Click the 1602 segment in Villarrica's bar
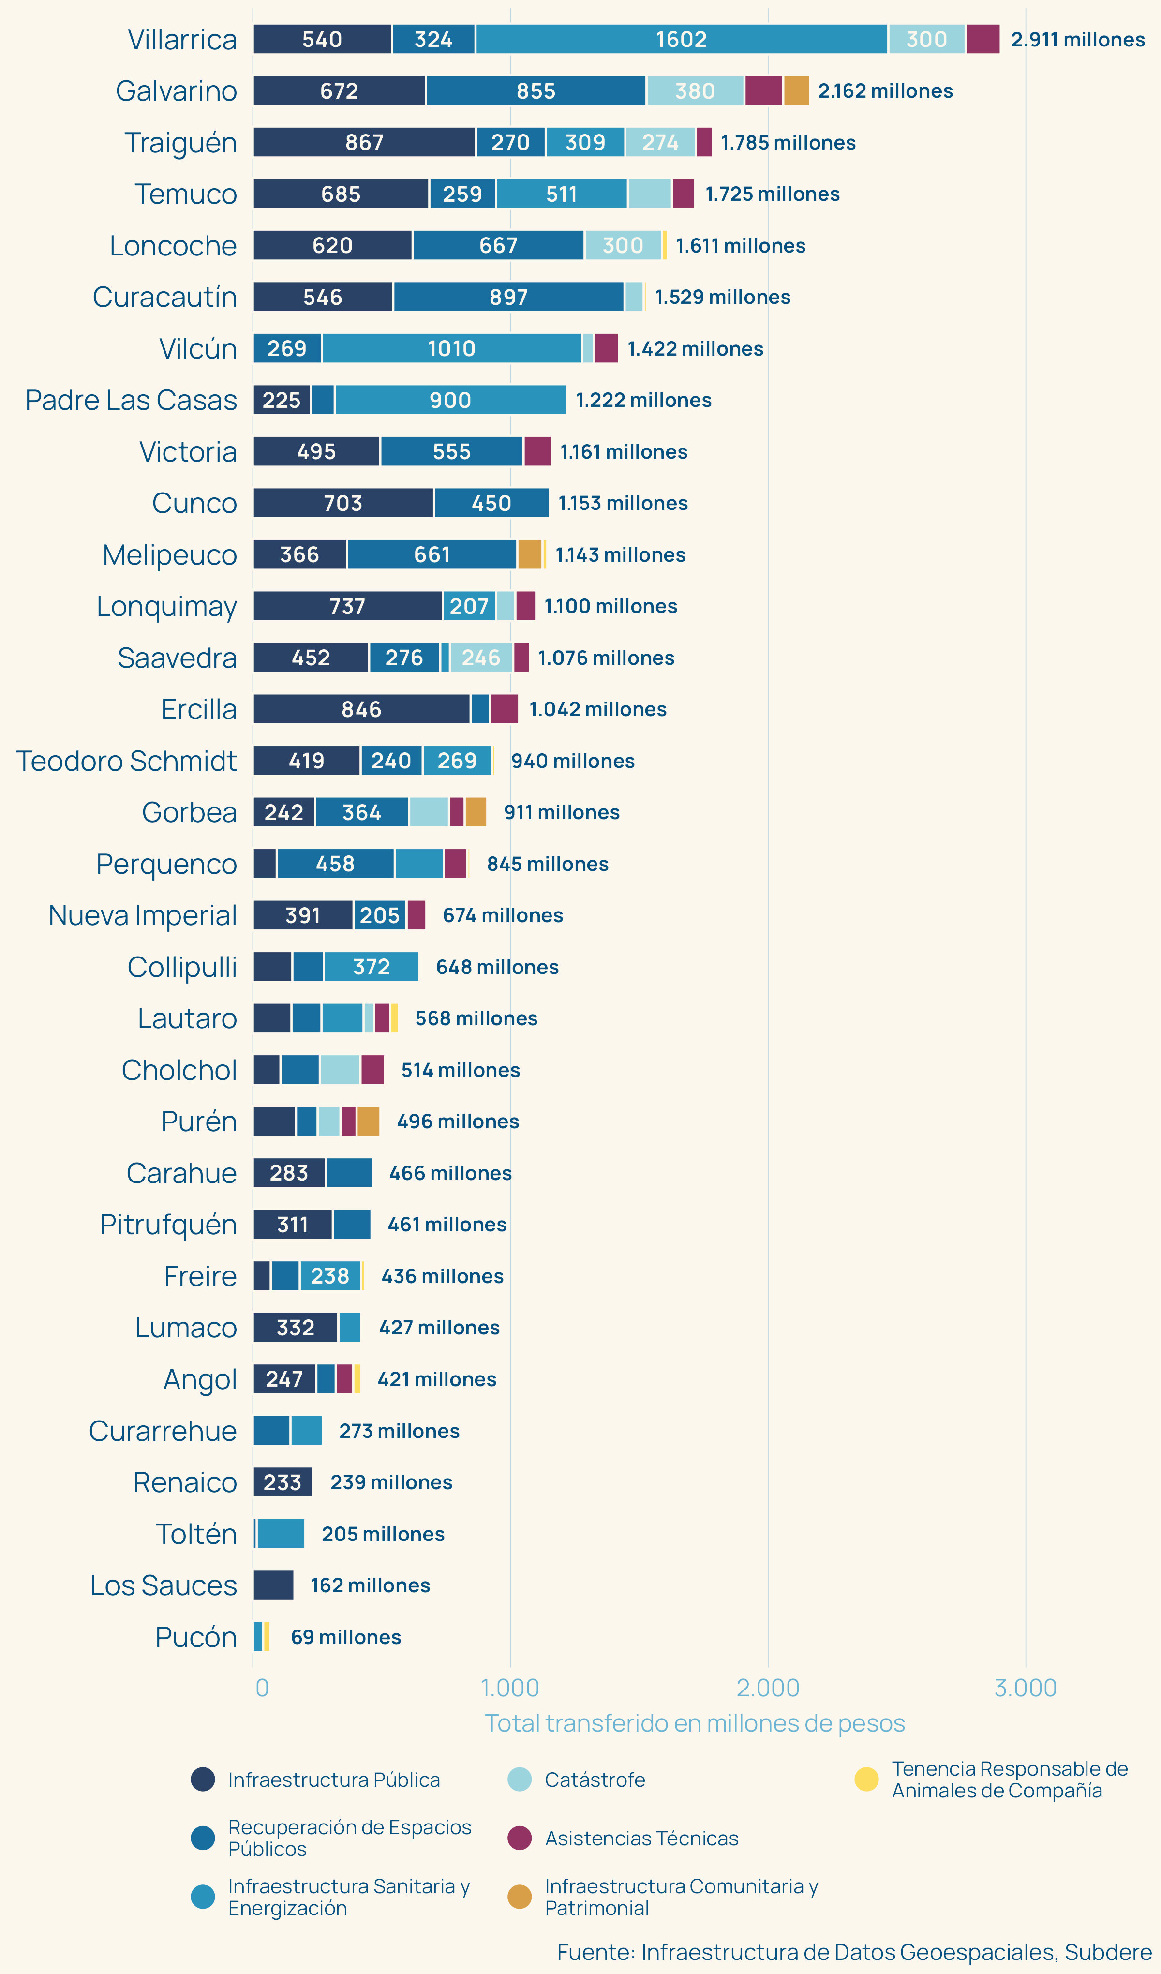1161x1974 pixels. tap(681, 39)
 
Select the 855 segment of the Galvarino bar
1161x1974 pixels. tap(536, 91)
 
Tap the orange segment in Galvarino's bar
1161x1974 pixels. tap(796, 91)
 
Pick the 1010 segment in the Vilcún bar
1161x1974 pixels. tap(451, 348)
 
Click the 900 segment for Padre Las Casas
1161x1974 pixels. tap(450, 400)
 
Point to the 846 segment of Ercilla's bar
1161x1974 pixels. tap(361, 709)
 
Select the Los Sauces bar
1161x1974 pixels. tap(273, 1585)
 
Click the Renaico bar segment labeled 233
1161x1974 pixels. tap(282, 1482)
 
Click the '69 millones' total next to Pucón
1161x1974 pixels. tap(345, 1637)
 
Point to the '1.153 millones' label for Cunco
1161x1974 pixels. tap(623, 503)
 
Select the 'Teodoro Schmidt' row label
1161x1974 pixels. tap(126, 761)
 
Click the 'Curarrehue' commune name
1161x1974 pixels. tap(163, 1431)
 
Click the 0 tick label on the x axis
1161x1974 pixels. tap(262, 1688)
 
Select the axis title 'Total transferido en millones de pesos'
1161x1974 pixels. tap(694, 1723)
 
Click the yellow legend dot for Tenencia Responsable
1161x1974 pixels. tap(866, 1779)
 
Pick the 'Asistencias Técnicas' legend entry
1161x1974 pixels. tap(641, 1839)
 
